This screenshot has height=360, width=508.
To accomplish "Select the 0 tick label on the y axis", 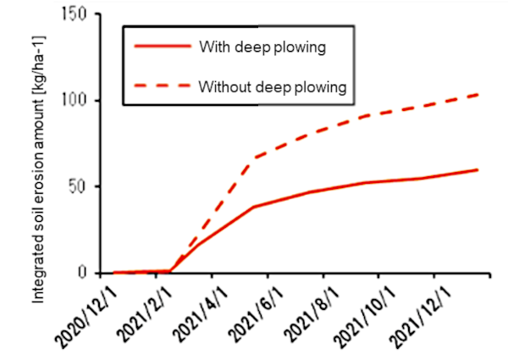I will coord(85,273).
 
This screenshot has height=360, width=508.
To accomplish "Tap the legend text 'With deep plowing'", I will coord(262,47).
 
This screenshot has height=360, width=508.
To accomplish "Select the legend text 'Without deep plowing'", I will coord(273,86).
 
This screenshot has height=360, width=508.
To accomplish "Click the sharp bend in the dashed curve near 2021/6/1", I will coord(254,158).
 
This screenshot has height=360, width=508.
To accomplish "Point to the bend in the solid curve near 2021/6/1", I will coord(254,207).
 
